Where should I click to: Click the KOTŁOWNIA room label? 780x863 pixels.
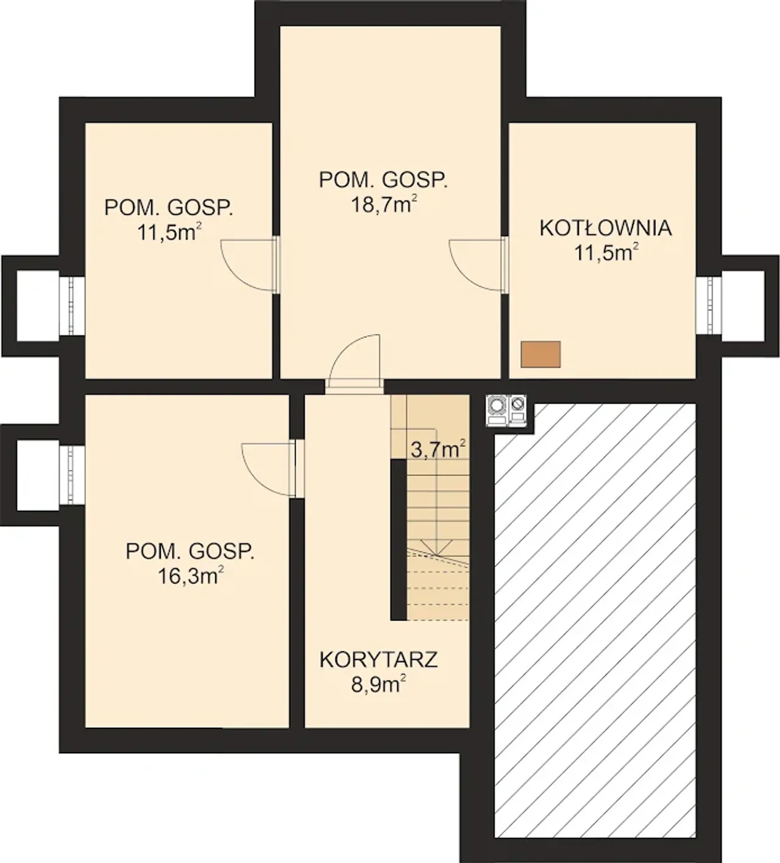pyautogui.click(x=605, y=228)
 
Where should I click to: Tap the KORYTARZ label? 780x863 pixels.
pyautogui.click(x=378, y=672)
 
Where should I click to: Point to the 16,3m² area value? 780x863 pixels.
pyautogui.click(x=191, y=576)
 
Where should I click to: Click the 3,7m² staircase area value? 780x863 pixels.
pyautogui.click(x=438, y=450)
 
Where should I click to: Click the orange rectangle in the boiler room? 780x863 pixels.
pyautogui.click(x=541, y=354)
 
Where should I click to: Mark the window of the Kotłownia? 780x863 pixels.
pyautogui.click(x=708, y=305)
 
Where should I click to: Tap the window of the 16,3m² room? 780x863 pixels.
pyautogui.click(x=72, y=475)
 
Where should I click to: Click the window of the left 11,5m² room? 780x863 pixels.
pyautogui.click(x=72, y=305)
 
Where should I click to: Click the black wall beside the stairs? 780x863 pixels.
pyautogui.click(x=399, y=539)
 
